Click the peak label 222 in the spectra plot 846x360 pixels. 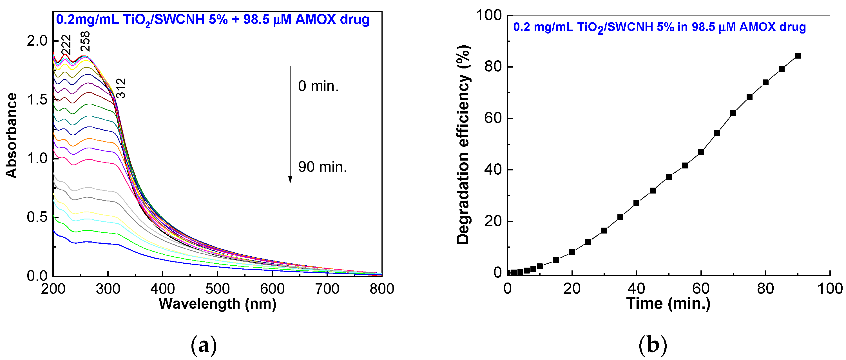(66, 45)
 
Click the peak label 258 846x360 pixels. (85, 41)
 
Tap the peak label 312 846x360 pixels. (121, 88)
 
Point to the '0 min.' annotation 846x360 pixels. (318, 86)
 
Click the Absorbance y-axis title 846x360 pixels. (12, 135)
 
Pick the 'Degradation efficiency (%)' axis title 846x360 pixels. (463, 145)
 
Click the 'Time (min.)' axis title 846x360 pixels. (668, 303)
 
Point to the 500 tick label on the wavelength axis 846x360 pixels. (217, 289)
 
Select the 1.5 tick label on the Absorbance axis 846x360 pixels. (37, 100)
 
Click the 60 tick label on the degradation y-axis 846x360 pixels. (493, 118)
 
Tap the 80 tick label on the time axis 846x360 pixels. (765, 289)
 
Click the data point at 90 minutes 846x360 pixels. (797, 56)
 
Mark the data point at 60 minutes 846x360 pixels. (701, 152)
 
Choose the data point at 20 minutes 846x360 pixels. (572, 252)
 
